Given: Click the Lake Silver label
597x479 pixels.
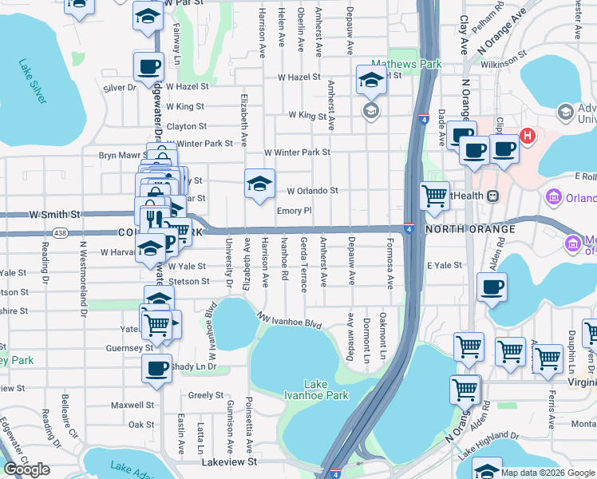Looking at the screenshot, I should (x=34, y=82).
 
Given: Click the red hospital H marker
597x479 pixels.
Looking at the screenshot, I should (x=527, y=137).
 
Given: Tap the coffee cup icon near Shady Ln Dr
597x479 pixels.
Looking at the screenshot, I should (x=157, y=369).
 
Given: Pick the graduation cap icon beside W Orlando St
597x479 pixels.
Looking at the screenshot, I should (x=259, y=184).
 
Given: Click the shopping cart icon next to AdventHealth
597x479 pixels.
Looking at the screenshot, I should (x=434, y=196).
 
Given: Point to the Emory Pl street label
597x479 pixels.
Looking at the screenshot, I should (x=293, y=211).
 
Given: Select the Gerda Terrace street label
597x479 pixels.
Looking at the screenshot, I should (x=304, y=264).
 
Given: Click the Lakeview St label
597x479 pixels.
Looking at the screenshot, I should (x=229, y=461).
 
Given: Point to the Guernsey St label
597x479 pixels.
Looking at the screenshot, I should (x=130, y=348).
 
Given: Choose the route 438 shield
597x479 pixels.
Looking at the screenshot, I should (x=59, y=232).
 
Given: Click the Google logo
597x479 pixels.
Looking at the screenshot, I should (x=26, y=469).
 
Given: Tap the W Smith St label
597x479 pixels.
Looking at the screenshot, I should (x=55, y=215).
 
